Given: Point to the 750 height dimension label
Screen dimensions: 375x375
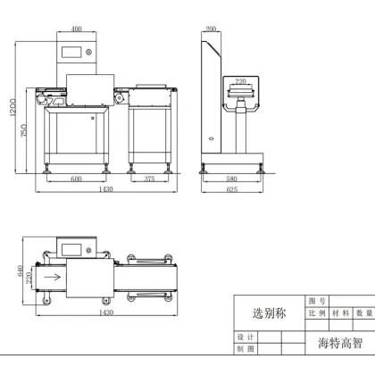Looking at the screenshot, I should [x=24, y=130].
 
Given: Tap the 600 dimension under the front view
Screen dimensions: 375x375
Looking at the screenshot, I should [x=76, y=179].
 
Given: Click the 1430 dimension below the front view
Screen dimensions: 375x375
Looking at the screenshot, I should [x=105, y=190].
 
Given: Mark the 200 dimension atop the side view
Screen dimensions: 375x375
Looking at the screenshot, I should [x=211, y=29].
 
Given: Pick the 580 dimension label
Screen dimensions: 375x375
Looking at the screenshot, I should [x=231, y=179].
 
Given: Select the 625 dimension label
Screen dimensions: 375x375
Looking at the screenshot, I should [x=231, y=190].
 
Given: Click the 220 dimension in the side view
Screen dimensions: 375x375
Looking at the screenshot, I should [x=240, y=81].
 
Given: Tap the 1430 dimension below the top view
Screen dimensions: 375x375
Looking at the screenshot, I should [x=105, y=312].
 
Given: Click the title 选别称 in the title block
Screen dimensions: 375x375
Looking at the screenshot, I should [x=268, y=313].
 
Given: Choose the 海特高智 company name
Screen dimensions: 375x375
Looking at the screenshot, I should [x=341, y=342].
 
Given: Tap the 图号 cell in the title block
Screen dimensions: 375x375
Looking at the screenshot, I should [x=315, y=301].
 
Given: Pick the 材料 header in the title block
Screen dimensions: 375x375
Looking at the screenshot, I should [x=340, y=313].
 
